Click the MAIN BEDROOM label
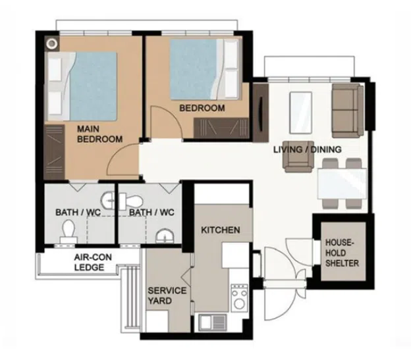[100, 134]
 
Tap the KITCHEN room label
[221, 230]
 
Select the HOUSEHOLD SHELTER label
[342, 253]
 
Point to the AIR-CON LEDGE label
[93, 262]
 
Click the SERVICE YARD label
[167, 296]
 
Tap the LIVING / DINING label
[308, 149]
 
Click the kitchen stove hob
[239, 298]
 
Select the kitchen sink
[213, 322]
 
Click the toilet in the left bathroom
[68, 232]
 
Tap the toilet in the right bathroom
[131, 201]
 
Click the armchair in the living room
[298, 157]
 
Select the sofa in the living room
[348, 111]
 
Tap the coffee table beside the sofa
[300, 113]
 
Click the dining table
[342, 184]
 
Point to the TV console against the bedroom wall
[261, 113]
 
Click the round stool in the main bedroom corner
[52, 43]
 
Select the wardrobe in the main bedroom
[54, 153]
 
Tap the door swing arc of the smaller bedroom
[173, 115]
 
